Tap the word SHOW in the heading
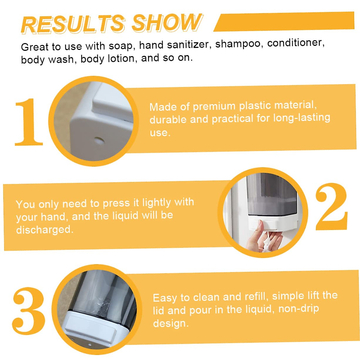166,22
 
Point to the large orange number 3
29,310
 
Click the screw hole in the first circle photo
98,140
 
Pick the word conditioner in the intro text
295,43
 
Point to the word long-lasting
301,117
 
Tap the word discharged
44,230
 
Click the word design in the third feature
170,323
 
